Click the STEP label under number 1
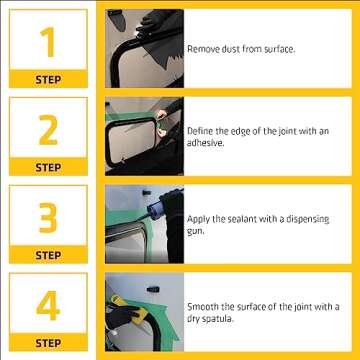[47, 79]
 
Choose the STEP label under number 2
[47, 167]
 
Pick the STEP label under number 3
[47, 255]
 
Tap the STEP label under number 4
[47, 343]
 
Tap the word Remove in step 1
[200, 48]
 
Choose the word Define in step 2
[199, 131]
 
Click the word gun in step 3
[195, 230]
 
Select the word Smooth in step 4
[202, 306]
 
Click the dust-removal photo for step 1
[143, 47]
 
